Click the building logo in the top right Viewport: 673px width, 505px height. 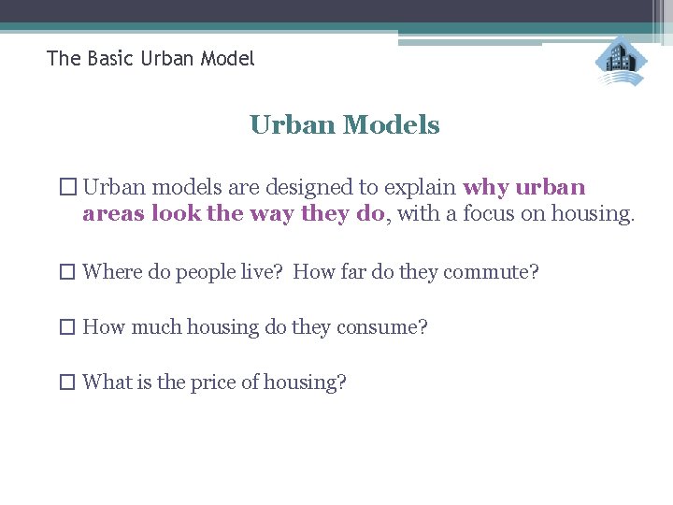pos(620,62)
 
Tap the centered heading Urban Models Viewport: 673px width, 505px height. pos(345,125)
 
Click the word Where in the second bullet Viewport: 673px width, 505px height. pos(112,272)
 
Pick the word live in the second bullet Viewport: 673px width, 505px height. pos(261,272)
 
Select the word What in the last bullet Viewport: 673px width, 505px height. pos(107,382)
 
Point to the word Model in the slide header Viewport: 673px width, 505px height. pos(225,59)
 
